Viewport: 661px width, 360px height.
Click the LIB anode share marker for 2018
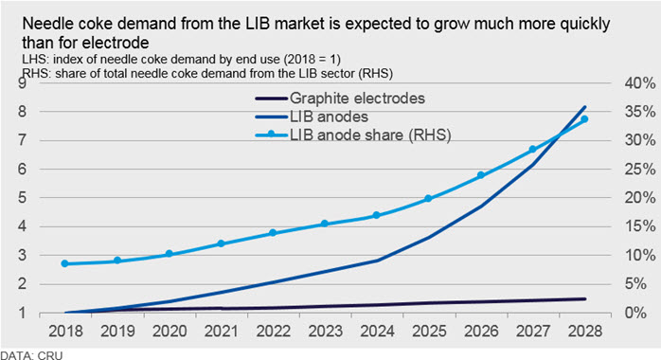(x=65, y=263)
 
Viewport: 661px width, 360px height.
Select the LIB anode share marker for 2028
(x=584, y=119)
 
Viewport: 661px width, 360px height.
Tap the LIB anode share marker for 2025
(x=428, y=198)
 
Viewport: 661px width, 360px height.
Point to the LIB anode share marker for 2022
(x=273, y=233)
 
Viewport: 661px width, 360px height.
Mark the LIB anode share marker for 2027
(x=532, y=150)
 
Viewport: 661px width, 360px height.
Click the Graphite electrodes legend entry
(x=340, y=99)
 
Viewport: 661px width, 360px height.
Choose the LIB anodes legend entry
(x=312, y=117)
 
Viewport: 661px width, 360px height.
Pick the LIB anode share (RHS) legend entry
(x=353, y=135)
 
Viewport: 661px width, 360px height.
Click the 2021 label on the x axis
(x=222, y=331)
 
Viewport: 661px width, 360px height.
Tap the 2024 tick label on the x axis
(x=377, y=331)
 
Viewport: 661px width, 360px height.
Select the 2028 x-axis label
(x=585, y=331)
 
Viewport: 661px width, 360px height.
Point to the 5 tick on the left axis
(x=22, y=198)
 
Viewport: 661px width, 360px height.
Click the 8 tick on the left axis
(x=22, y=112)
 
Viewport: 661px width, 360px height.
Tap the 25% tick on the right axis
(x=640, y=170)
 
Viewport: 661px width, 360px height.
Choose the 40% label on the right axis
(x=640, y=83)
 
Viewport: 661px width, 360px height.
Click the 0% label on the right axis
(x=635, y=313)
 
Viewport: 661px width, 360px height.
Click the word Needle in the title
(x=45, y=24)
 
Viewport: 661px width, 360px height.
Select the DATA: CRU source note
(x=31, y=355)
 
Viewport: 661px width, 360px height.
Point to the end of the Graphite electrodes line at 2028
(x=585, y=298)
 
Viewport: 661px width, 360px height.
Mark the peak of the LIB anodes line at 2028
(x=585, y=107)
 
